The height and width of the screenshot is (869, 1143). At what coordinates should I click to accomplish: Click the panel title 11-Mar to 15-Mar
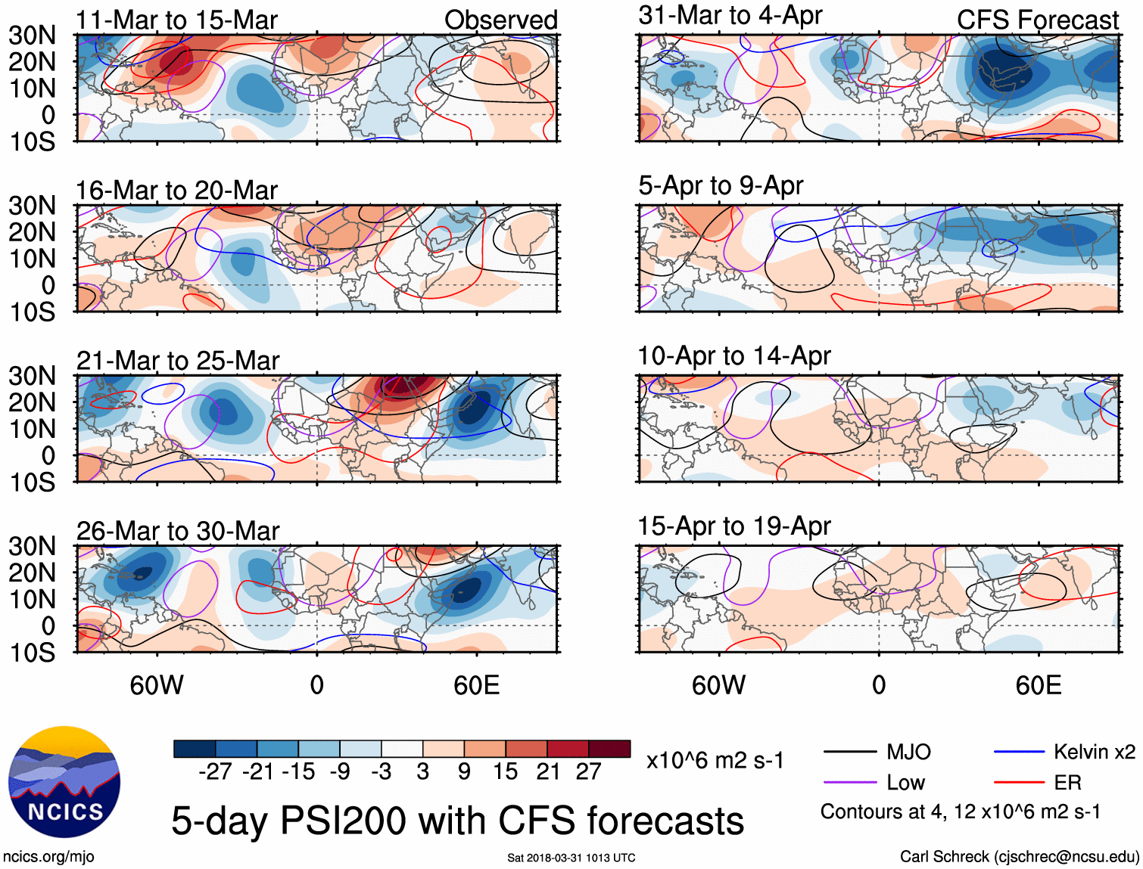tap(176, 20)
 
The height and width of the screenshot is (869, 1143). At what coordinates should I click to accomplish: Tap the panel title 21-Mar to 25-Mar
tap(178, 361)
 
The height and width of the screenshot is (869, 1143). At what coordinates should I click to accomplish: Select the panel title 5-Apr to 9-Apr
tap(720, 185)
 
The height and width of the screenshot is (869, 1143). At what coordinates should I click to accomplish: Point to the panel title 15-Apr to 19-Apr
tap(733, 526)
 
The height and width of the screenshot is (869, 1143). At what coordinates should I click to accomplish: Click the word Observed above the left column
tap(500, 20)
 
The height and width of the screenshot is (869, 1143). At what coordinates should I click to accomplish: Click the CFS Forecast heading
tap(1037, 20)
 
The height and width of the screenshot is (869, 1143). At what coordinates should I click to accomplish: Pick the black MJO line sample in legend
tap(850, 752)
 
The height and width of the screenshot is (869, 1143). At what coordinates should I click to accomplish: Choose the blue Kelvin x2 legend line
tap(1019, 752)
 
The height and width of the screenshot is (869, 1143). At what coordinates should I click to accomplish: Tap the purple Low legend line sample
tap(850, 783)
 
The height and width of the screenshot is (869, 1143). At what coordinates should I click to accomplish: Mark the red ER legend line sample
tap(1019, 783)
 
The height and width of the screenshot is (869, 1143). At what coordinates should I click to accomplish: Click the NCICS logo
tap(64, 782)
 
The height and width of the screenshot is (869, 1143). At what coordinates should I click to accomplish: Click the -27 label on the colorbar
tap(215, 771)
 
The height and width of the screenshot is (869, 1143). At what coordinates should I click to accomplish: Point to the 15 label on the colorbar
tap(505, 771)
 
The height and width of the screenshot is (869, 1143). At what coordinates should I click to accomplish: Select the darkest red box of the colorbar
tap(609, 749)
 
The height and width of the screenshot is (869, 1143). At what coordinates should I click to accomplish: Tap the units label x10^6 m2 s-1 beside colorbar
tap(715, 760)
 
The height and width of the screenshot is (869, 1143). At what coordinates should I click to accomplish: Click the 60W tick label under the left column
tap(157, 685)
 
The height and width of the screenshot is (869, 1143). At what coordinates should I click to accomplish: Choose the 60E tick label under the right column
tap(1038, 685)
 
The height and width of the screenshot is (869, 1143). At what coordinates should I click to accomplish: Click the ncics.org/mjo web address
tap(48, 857)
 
